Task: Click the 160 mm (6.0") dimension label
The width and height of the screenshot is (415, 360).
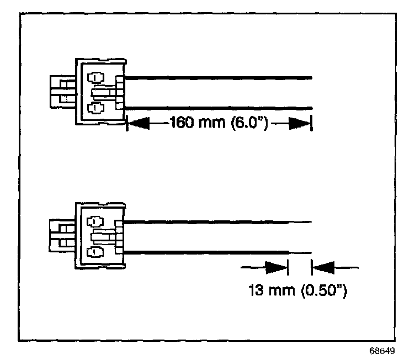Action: [x=219, y=122]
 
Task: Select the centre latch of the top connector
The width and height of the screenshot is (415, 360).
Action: [x=105, y=92]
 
